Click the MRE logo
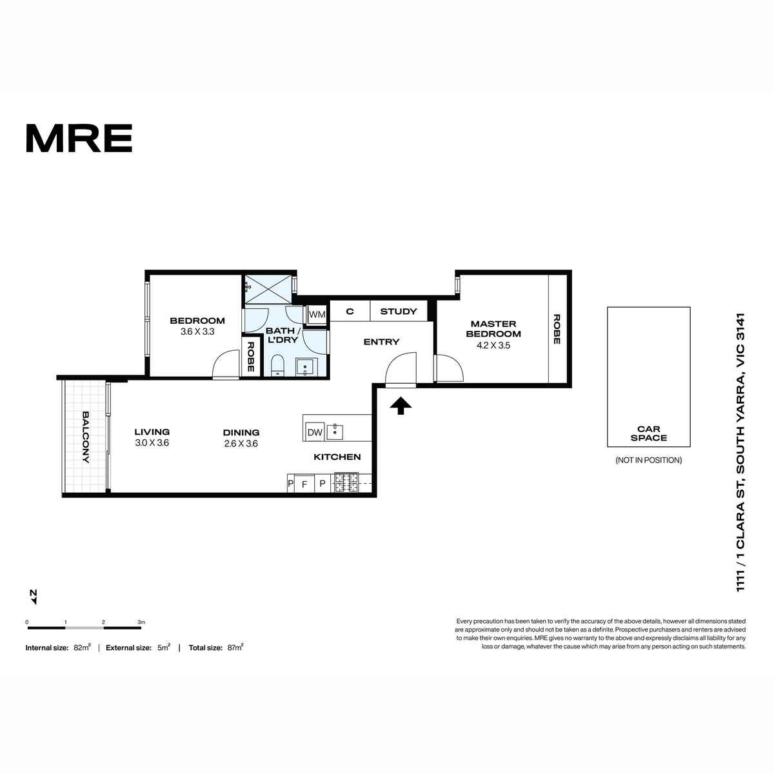tap(79, 138)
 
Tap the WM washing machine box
tap(317, 315)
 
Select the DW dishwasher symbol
tap(315, 432)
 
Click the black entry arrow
tap(401, 405)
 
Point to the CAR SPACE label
tap(648, 433)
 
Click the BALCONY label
tap(86, 437)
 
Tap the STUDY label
tap(398, 312)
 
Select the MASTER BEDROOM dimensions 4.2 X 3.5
tap(493, 346)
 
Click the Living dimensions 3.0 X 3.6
tap(152, 442)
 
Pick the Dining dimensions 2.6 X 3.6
tap(241, 443)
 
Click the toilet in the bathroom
tap(277, 365)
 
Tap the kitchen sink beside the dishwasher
tap(335, 432)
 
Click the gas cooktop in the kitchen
tap(346, 482)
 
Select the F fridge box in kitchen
tap(304, 484)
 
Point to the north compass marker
tap(34, 597)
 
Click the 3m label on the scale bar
tap(141, 622)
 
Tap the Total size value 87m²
tap(235, 648)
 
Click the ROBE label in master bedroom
tap(557, 329)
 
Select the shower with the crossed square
tap(268, 289)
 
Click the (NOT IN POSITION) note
tap(648, 461)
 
